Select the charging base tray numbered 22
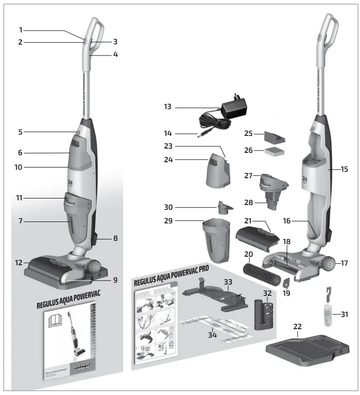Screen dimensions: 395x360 308,348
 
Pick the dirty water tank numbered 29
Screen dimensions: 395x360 216,240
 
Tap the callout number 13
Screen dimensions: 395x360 167,107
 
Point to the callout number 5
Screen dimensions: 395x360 20,132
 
